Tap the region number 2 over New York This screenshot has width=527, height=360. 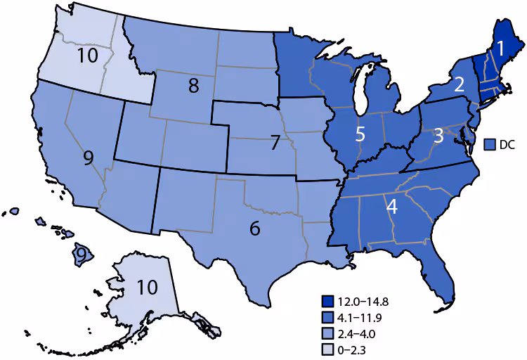click(459, 85)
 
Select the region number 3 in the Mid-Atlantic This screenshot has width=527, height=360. click(437, 135)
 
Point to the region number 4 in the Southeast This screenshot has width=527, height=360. click(391, 207)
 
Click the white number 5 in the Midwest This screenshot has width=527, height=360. click(359, 134)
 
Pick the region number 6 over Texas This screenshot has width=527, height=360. click(255, 228)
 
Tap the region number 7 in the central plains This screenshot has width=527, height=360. click(275, 143)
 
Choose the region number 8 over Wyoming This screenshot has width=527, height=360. click(193, 86)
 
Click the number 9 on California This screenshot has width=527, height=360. click(88, 157)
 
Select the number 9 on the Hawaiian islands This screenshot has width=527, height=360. click(82, 252)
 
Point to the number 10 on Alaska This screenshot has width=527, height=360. click(147, 288)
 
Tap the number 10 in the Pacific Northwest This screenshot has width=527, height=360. click(89, 56)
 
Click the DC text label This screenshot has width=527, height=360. click(507, 144)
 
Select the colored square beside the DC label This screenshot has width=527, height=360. click(490, 144)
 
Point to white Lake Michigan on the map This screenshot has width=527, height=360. click(360, 91)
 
